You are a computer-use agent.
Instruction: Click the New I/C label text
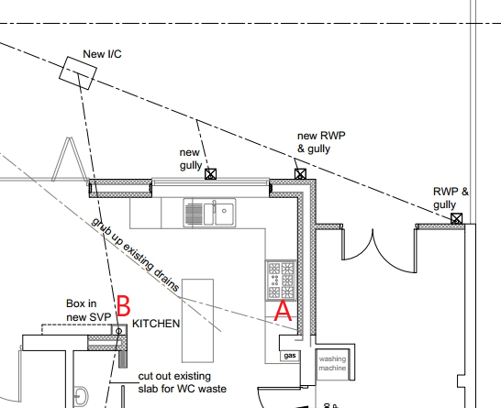tap(102, 54)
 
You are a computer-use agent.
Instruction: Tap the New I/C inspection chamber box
tap(78, 72)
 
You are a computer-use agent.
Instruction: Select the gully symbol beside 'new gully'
tap(210, 174)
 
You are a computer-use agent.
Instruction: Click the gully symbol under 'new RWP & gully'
tap(300, 174)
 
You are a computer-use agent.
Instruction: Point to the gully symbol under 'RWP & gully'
tap(457, 219)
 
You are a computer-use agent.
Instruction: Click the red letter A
tap(284, 311)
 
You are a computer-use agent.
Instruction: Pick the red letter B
tap(124, 306)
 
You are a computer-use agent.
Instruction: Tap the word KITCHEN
tap(156, 324)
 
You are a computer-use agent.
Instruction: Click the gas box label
tap(290, 356)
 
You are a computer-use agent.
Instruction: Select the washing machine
tap(332, 364)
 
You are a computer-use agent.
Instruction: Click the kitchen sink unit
tap(209, 213)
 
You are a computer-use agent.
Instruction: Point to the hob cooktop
tap(281, 281)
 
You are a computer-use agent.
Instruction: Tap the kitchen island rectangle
tap(198, 321)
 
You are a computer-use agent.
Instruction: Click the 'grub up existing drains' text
tap(136, 254)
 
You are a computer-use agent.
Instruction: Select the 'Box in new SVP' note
tap(88, 310)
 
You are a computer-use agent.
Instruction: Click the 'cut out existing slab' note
tap(182, 382)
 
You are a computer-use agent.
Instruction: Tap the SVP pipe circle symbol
tap(119, 331)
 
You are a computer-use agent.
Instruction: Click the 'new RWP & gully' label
tap(321, 142)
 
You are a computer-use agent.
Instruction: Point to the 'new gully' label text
tap(191, 159)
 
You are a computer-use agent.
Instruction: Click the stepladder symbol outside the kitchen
tap(69, 160)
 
